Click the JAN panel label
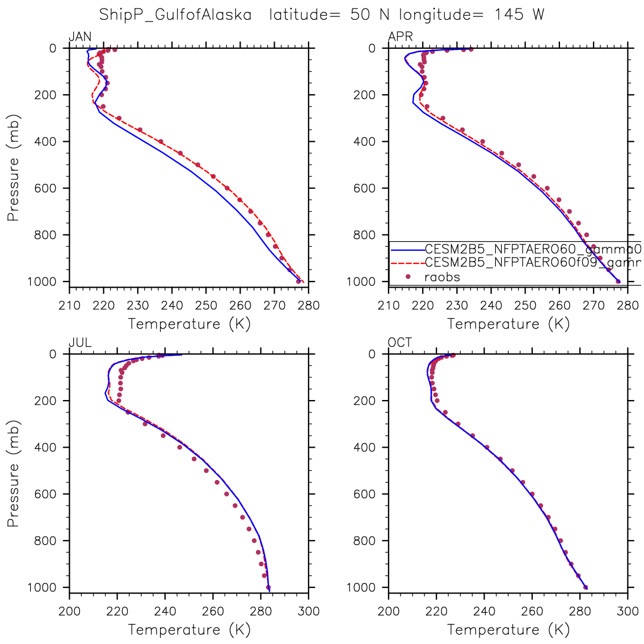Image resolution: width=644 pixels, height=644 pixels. (80, 37)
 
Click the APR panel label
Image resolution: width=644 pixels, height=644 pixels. (400, 37)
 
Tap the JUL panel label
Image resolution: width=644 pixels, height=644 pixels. (80, 343)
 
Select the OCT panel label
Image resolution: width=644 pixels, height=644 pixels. (400, 343)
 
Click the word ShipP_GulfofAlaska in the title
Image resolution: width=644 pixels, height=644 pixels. (175, 15)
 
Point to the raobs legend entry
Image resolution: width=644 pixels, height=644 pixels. (442, 277)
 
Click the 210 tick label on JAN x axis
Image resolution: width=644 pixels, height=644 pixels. (69, 306)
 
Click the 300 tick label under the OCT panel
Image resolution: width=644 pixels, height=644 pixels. (628, 612)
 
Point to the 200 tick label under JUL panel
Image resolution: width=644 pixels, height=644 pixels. (69, 612)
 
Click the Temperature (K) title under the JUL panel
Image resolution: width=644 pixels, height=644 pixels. (189, 630)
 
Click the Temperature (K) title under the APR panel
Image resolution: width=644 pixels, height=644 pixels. (508, 324)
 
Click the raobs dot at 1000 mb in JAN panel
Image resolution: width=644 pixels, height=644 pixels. (298, 281)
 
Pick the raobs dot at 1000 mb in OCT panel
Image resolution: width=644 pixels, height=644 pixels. (586, 587)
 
